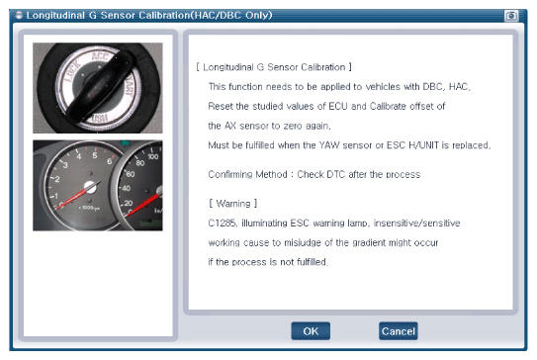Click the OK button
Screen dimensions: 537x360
(x=311, y=331)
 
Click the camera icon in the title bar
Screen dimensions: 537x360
(x=511, y=16)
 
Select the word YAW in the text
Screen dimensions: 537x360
(x=329, y=145)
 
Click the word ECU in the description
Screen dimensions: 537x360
(x=338, y=106)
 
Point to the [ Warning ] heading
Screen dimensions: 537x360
(x=232, y=204)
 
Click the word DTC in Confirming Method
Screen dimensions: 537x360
(x=335, y=174)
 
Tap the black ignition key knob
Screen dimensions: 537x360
(x=100, y=86)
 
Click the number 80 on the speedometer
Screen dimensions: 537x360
(x=139, y=163)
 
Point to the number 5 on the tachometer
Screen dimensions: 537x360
(x=95, y=155)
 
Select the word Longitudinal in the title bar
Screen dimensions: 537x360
(x=55, y=16)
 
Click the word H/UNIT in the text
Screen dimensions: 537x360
(x=423, y=145)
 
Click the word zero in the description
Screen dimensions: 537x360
(x=293, y=126)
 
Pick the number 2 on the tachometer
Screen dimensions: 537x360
(x=56, y=179)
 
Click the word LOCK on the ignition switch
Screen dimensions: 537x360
(x=72, y=71)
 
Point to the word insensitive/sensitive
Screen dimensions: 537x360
(x=416, y=223)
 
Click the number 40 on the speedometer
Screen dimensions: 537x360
(x=126, y=188)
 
